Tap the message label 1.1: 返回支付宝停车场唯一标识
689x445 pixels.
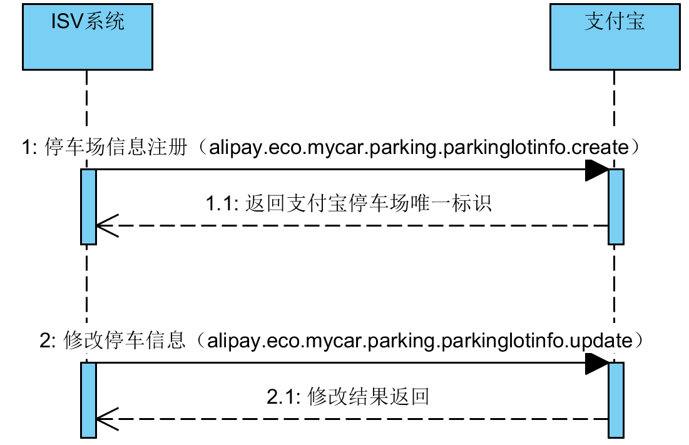coord(349,203)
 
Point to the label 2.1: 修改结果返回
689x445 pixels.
coord(348,397)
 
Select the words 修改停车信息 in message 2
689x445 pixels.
coord(125,341)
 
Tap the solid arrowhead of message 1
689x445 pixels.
coord(596,170)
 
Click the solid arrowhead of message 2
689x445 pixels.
coord(596,363)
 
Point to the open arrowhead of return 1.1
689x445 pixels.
coord(106,225)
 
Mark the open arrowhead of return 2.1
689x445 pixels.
coord(106,419)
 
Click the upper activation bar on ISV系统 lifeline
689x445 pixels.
coord(88,206)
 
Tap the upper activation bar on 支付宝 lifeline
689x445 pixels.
coord(616,206)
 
